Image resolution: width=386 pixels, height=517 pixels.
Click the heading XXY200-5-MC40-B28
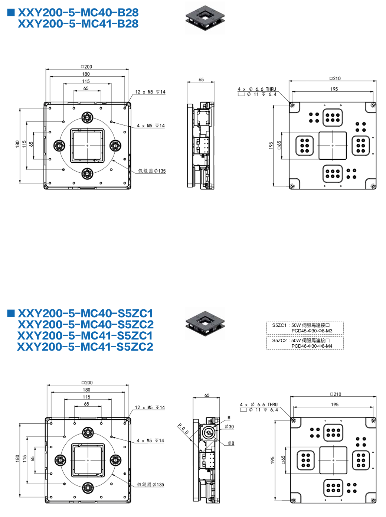[x=78, y=13]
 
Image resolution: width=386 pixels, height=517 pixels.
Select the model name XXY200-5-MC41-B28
[x=78, y=24]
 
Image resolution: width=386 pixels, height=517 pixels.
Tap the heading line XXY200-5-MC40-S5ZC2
[x=86, y=324]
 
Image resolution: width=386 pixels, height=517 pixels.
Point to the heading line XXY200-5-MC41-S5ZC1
[x=85, y=335]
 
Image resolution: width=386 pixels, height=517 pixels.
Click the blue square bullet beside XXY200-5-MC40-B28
[x=11, y=13]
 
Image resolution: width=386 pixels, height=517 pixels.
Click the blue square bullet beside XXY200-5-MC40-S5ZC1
[x=11, y=313]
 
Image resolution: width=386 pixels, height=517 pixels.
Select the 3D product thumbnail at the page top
[x=205, y=18]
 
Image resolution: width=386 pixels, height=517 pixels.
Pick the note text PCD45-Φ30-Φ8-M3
[x=312, y=331]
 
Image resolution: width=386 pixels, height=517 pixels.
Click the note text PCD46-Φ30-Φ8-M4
[x=312, y=346]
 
